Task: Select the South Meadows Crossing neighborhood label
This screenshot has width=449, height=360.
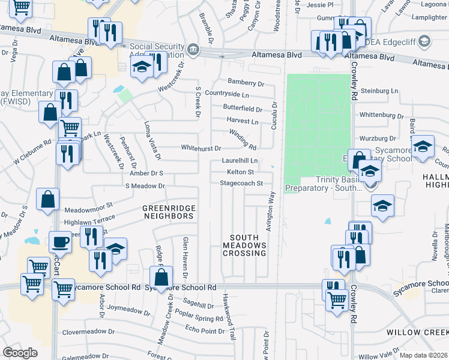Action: (x=244, y=245)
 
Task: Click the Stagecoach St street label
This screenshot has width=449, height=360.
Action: (x=241, y=183)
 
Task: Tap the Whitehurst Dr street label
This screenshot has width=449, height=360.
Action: (x=201, y=148)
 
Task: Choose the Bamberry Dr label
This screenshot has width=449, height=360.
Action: (x=246, y=83)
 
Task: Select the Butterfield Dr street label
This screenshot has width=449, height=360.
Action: (x=242, y=109)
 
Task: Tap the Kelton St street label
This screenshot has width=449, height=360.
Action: (x=240, y=172)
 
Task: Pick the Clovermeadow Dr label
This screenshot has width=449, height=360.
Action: (x=88, y=332)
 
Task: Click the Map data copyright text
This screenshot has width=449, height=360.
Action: (x=423, y=355)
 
